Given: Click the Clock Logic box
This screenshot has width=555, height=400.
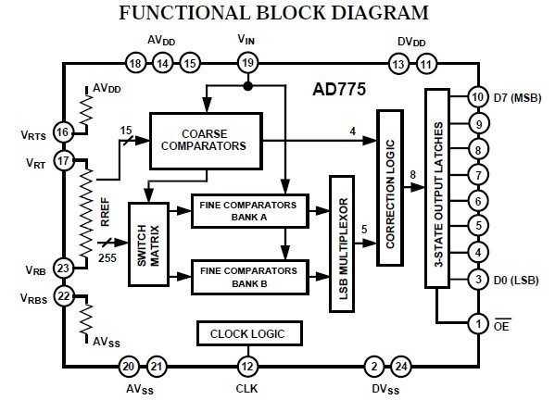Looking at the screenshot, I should click(x=248, y=333).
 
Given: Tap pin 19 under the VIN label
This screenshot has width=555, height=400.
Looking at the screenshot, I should click(x=246, y=63).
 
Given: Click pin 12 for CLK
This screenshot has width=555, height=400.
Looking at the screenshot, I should click(x=246, y=366).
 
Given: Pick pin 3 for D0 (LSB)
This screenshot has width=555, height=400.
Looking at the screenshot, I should click(x=478, y=279).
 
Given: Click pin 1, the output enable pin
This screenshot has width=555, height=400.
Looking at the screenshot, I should click(x=478, y=324).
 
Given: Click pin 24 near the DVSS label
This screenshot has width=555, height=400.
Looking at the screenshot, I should click(x=399, y=366).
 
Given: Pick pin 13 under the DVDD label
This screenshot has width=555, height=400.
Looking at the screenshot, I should click(x=398, y=63).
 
